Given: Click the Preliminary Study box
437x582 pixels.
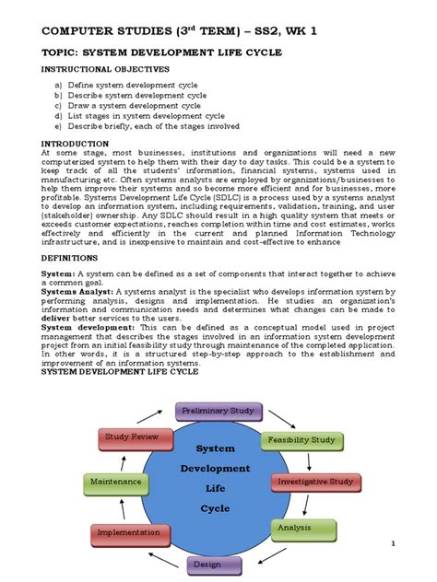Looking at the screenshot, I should [x=218, y=410].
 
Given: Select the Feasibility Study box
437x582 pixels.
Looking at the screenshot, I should [x=301, y=440].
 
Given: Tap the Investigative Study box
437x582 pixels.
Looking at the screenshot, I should [x=314, y=481].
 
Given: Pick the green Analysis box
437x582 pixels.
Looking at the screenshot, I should [x=298, y=528].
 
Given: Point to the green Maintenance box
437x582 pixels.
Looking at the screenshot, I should [x=115, y=481].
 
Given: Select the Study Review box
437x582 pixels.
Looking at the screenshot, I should [x=132, y=436].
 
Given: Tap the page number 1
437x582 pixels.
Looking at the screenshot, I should [x=393, y=545].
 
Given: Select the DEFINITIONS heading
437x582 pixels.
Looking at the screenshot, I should [x=75, y=259].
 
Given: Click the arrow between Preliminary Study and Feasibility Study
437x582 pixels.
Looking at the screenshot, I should [x=274, y=416].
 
